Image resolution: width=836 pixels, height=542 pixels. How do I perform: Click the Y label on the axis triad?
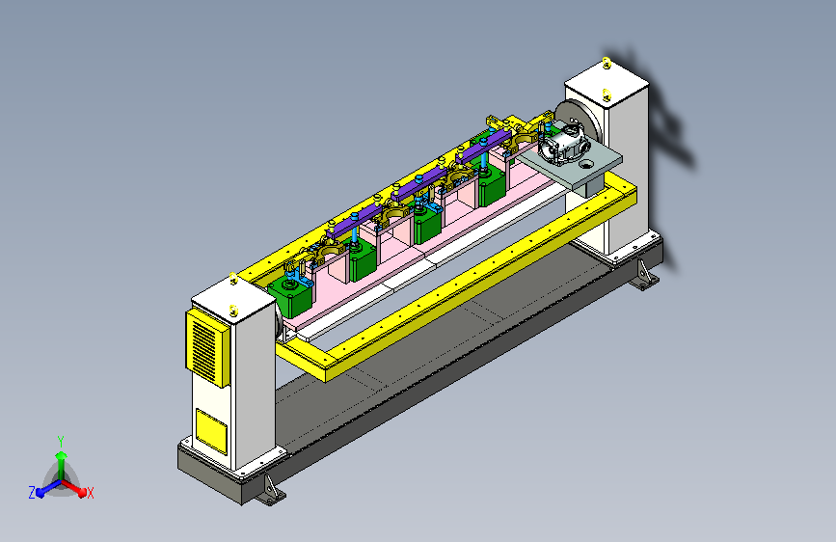pos(61,442)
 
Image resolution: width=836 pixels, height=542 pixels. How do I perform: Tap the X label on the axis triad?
pos(91,493)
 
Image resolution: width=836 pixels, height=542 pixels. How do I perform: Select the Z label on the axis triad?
pos(32,493)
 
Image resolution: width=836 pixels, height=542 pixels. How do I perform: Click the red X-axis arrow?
pos(74,488)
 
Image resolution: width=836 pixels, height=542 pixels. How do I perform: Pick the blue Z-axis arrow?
pos(48,488)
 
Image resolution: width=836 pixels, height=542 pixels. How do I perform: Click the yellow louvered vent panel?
pos(207,348)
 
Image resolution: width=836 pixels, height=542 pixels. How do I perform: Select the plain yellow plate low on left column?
pos(211,431)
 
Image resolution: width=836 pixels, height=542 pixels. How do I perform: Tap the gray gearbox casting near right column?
pos(565,142)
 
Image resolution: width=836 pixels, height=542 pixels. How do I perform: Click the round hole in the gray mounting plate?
pos(585,164)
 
